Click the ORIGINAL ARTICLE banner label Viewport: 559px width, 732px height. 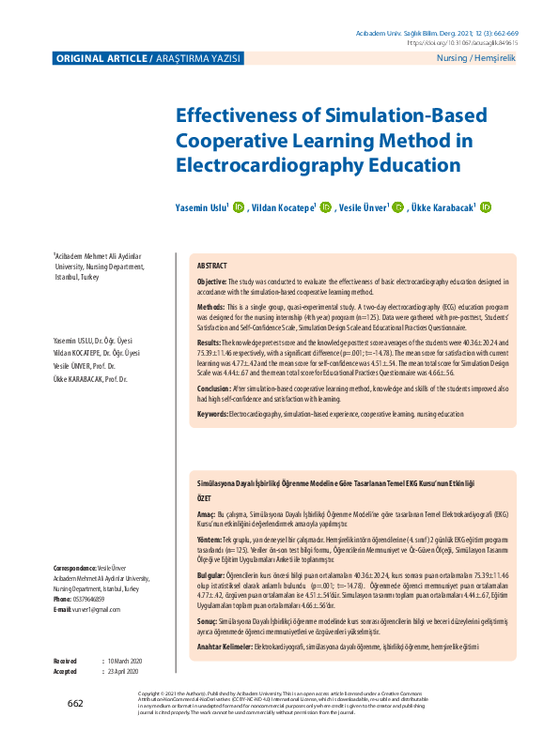102,59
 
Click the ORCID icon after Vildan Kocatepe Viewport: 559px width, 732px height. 325,207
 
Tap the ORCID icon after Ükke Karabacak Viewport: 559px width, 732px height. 486,207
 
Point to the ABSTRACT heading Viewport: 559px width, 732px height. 212,267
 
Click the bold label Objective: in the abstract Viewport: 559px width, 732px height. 211,282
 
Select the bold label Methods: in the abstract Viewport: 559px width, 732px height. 211,307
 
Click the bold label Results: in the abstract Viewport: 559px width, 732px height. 210,344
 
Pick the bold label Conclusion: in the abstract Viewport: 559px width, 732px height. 214,388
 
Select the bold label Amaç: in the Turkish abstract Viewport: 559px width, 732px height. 206,514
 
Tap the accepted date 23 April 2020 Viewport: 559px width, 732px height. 123,672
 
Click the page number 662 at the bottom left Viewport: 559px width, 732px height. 75,703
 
